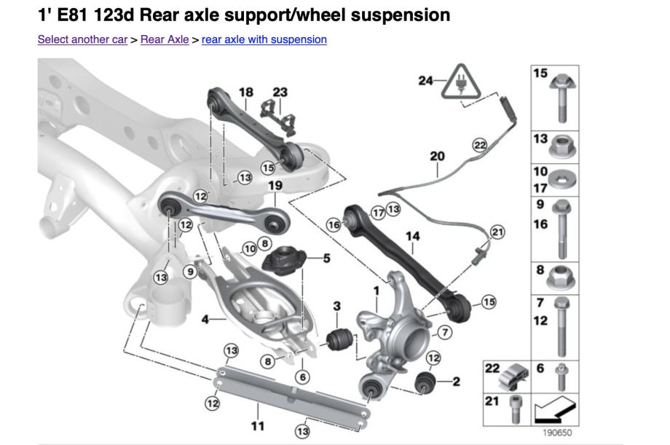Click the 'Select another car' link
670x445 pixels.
tap(82, 39)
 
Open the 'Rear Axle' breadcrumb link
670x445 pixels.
tap(165, 39)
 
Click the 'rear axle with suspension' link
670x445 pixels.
tap(264, 39)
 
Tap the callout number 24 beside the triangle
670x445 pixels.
tap(426, 80)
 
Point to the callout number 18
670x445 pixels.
tap(246, 92)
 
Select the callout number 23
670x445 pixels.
tap(280, 92)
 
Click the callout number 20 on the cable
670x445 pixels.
tap(437, 157)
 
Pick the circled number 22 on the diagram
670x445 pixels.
tap(479, 145)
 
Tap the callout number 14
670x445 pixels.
tap(413, 236)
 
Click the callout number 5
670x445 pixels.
tap(326, 258)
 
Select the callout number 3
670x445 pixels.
tap(337, 305)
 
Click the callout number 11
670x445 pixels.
tap(257, 425)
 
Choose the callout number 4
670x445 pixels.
tap(205, 319)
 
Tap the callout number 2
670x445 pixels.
tap(457, 381)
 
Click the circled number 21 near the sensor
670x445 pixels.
tap(497, 232)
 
